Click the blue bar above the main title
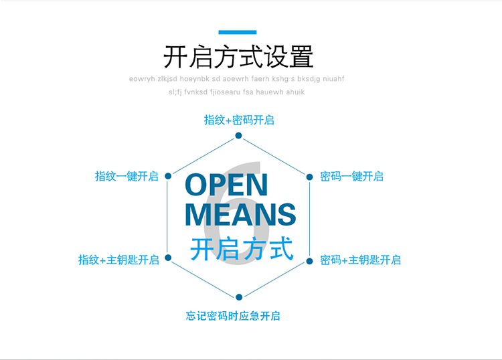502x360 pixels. point(238,32)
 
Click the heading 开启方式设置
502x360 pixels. point(238,57)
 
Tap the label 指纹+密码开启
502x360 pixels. point(239,120)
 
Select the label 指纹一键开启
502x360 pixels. point(127,177)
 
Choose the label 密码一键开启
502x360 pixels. point(352,177)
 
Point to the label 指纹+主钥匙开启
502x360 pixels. point(118,260)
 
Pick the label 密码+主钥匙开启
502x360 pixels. point(361,260)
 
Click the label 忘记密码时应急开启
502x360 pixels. point(233,316)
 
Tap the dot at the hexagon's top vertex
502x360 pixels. point(238,136)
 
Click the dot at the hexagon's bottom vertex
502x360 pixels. point(239,297)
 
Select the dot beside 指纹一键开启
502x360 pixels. point(168,176)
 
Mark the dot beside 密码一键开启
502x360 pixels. point(310,177)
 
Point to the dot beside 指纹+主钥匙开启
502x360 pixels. point(168,258)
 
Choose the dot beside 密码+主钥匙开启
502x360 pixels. point(310,261)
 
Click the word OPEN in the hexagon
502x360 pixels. point(226,185)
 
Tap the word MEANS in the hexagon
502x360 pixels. point(240,214)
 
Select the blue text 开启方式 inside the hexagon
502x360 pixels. point(242,249)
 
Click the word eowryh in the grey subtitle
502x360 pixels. point(142,79)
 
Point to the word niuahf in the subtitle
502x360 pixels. point(333,79)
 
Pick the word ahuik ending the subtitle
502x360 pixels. point(295,92)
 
